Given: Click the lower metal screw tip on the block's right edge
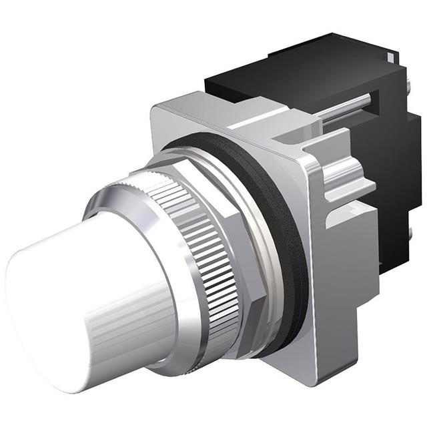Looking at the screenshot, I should (408, 233).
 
